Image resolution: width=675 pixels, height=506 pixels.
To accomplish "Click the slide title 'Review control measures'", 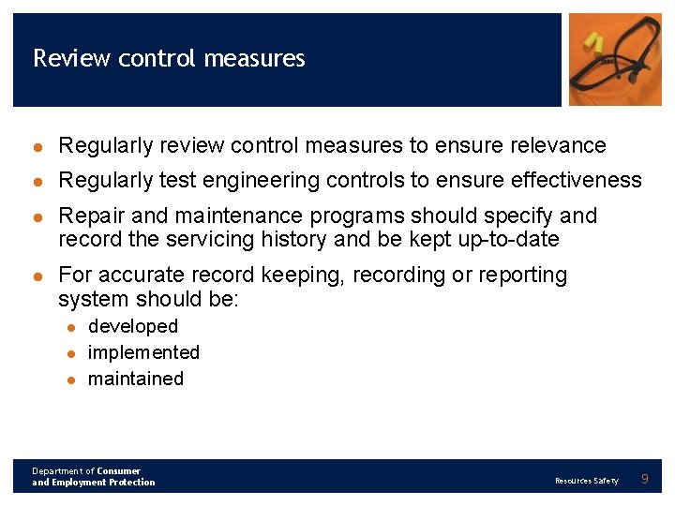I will pyautogui.click(x=169, y=58).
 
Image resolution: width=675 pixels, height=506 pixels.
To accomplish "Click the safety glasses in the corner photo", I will pyautogui.click(x=619, y=70).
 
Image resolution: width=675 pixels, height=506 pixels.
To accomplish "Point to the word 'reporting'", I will pyautogui.click(x=522, y=275).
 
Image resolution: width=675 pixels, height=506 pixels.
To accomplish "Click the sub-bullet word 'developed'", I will pyautogui.click(x=132, y=326).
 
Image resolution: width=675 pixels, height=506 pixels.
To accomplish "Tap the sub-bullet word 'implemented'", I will pyautogui.click(x=143, y=352).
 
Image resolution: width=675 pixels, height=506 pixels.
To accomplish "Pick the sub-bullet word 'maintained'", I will pyautogui.click(x=135, y=379).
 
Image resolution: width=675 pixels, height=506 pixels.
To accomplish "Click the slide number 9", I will pyautogui.click(x=644, y=480).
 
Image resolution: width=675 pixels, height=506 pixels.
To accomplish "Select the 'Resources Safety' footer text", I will pyautogui.click(x=586, y=481).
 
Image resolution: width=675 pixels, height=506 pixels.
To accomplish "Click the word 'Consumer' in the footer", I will pyautogui.click(x=118, y=471).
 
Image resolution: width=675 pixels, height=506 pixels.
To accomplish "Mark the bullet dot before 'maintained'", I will pyautogui.click(x=70, y=379).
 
